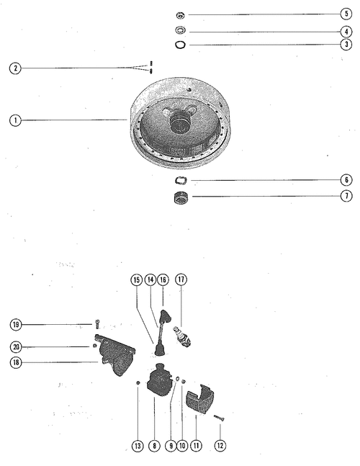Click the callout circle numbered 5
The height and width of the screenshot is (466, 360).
pos(346,14)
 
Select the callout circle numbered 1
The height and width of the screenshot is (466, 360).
pos(15,120)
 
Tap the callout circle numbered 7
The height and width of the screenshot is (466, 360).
pos(346,196)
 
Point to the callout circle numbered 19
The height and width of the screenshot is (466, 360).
pos(16,324)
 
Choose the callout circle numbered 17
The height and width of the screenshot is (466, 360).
pos(181,279)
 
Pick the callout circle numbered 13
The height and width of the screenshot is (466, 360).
pos(138,446)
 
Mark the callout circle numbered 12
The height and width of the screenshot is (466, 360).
pos(220,445)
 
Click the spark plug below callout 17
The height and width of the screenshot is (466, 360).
pos(182,336)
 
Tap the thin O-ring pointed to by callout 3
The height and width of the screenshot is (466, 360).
pos(180,45)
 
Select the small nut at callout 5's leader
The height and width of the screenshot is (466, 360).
pos(180,15)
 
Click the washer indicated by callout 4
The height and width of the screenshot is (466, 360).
pos(180,30)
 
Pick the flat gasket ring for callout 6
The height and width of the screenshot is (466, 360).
pos(181,180)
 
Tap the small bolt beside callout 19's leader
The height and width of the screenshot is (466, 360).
pos(97,323)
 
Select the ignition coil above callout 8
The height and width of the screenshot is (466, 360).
pos(159,380)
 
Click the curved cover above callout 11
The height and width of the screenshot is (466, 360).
pos(200,399)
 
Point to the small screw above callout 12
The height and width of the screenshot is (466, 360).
pos(219,418)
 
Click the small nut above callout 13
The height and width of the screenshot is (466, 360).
pos(138,382)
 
